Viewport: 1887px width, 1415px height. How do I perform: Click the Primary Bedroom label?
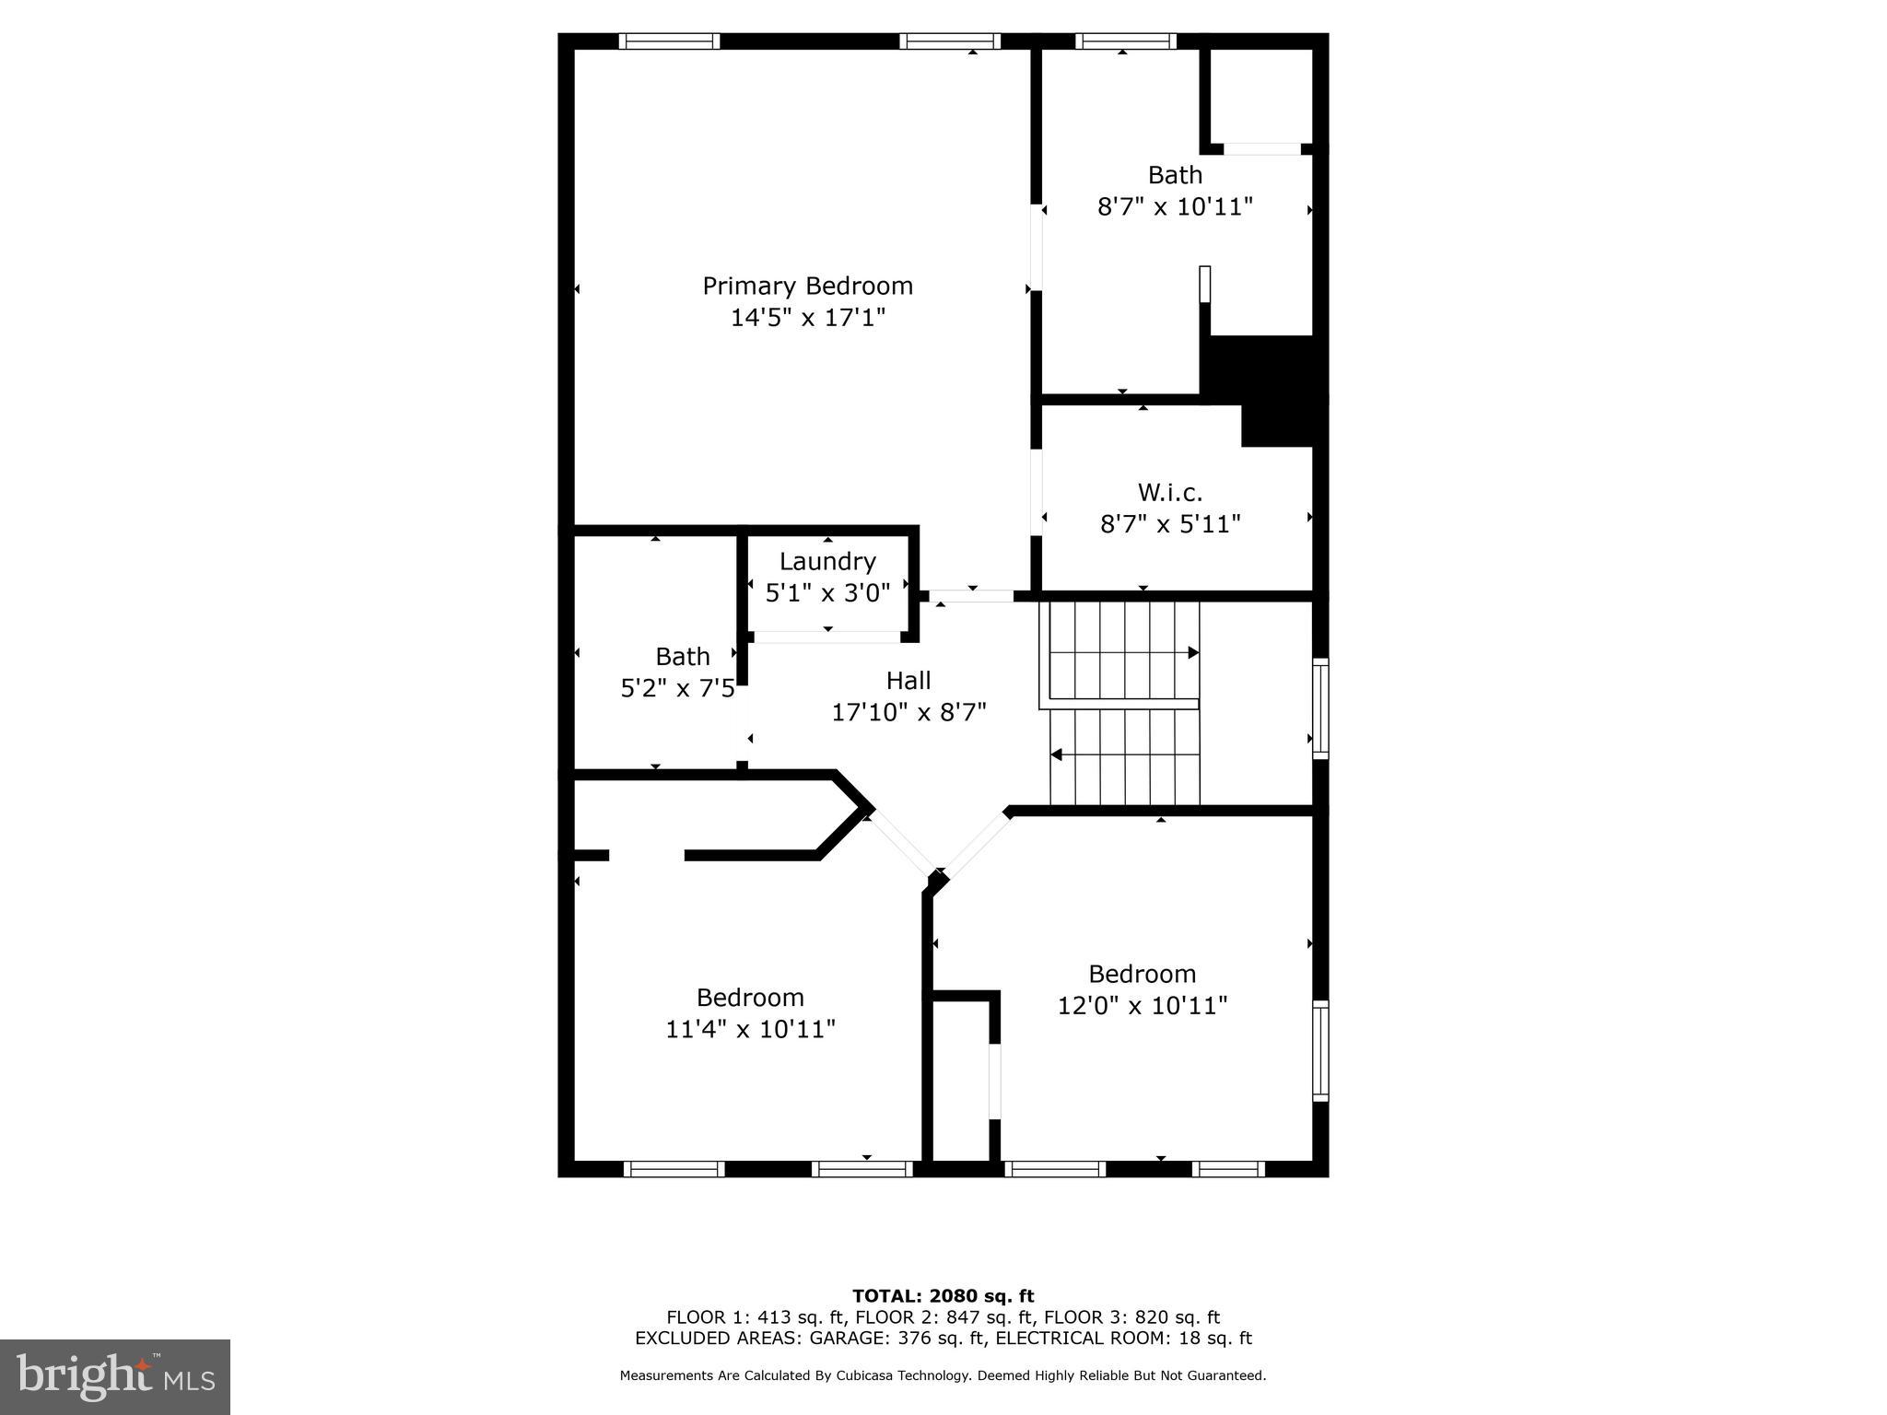tap(807, 286)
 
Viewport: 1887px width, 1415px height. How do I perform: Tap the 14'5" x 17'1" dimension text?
tap(807, 318)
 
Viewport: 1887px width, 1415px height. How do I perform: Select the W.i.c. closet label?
tap(1170, 492)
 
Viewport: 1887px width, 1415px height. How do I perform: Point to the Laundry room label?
tap(827, 561)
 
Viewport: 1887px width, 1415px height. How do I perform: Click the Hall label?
tap(908, 681)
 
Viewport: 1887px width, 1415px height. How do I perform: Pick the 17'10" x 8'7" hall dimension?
tap(908, 712)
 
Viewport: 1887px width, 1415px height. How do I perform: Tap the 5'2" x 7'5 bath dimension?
tap(677, 688)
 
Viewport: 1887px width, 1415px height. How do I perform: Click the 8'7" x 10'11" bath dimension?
tap(1175, 206)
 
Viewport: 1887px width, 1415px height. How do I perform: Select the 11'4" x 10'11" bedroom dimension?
tap(750, 1028)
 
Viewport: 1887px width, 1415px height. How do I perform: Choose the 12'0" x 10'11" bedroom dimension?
tap(1143, 1005)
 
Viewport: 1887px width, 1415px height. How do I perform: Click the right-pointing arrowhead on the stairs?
tap(1193, 652)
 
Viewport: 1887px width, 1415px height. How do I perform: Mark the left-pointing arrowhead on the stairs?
tap(1057, 755)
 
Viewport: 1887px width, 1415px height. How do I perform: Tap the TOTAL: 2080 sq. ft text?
tap(943, 1296)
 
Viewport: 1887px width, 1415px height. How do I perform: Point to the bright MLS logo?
tap(115, 1377)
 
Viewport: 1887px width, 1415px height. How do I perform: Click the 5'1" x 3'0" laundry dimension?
tap(827, 592)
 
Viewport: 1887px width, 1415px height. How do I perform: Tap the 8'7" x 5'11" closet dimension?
tap(1170, 524)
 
